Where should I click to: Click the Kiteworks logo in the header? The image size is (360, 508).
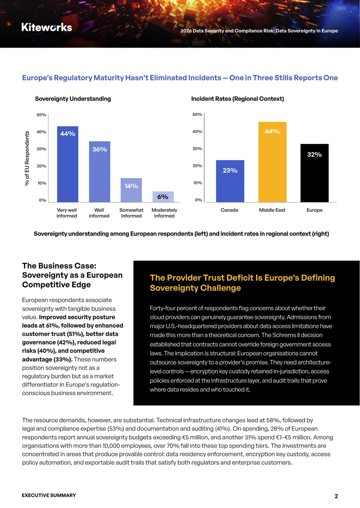(x=47, y=27)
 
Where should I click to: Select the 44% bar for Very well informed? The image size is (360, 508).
(x=67, y=164)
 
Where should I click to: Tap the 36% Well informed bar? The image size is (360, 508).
(x=99, y=172)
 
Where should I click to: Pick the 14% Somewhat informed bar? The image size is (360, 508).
(x=131, y=190)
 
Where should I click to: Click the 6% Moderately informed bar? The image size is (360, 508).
(x=163, y=196)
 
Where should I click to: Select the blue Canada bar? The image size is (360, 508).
(x=230, y=181)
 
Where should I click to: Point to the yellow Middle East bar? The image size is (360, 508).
(x=272, y=162)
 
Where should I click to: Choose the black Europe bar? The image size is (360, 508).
(x=315, y=173)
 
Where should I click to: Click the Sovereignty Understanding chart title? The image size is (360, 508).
(x=73, y=99)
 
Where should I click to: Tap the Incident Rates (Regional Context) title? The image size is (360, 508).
(x=238, y=99)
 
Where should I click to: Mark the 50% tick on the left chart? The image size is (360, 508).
(x=41, y=115)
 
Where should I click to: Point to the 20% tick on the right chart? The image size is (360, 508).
(x=198, y=165)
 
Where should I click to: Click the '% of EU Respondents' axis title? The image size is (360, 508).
(x=27, y=158)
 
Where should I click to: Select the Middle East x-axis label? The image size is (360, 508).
(x=272, y=210)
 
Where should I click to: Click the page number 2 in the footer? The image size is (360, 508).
(x=336, y=496)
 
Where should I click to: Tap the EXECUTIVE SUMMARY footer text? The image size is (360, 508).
(x=49, y=495)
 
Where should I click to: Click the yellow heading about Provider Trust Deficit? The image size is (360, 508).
(x=242, y=283)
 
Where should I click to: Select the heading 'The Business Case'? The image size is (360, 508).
(x=59, y=266)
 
